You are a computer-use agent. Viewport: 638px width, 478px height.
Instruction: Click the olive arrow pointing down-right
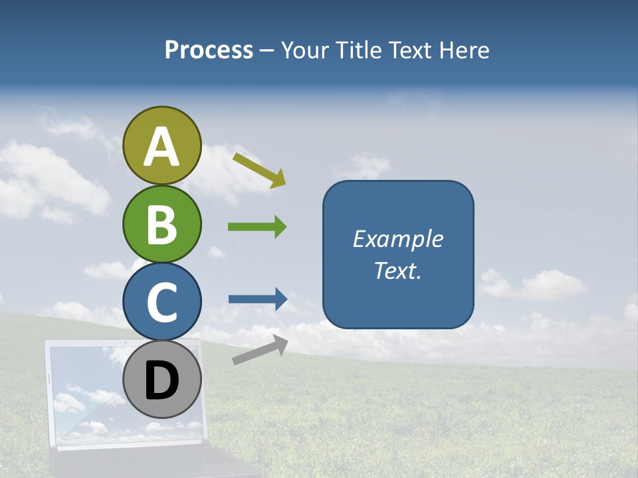[259, 170]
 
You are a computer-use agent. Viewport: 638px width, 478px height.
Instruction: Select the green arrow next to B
[257, 227]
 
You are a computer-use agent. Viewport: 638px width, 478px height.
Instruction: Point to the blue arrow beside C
[258, 299]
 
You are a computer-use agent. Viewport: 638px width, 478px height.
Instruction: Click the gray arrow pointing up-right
[260, 350]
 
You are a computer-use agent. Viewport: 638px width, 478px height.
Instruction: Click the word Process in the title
[209, 50]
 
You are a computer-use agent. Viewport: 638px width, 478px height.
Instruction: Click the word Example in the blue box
[398, 239]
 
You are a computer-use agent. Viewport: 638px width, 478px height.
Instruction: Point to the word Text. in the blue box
[398, 271]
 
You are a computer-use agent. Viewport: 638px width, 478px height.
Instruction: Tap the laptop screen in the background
[86, 392]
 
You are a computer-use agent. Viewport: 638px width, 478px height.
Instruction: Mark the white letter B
[162, 224]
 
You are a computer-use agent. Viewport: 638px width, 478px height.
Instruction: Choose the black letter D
[162, 380]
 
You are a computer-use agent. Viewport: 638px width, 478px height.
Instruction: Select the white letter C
[162, 303]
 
